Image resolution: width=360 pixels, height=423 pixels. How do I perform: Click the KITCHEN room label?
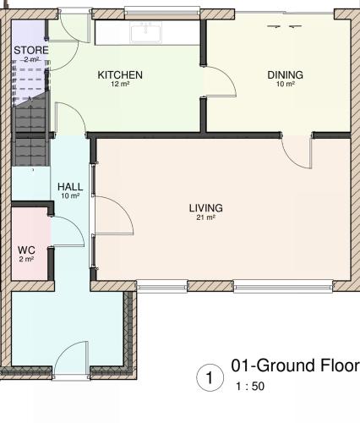pyautogui.click(x=120, y=75)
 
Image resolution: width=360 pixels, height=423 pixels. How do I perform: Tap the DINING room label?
pyautogui.click(x=285, y=75)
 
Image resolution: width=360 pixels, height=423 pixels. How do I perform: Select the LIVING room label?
pyautogui.click(x=206, y=208)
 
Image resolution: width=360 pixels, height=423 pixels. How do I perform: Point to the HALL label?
pyautogui.click(x=70, y=187)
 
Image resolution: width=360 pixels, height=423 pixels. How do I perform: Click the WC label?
pyautogui.click(x=26, y=250)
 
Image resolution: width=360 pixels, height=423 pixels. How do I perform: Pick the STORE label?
pyautogui.click(x=31, y=50)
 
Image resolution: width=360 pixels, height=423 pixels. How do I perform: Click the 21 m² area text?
pyautogui.click(x=206, y=217)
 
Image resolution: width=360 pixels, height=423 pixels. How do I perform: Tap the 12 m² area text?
pyautogui.click(x=120, y=84)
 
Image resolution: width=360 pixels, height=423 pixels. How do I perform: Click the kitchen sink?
pyautogui.click(x=145, y=33)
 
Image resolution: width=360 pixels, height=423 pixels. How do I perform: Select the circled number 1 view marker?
pyautogui.click(x=210, y=377)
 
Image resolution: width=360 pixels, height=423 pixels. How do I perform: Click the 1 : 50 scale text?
pyautogui.click(x=250, y=387)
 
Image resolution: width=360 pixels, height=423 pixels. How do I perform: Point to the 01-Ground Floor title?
pyautogui.click(x=295, y=365)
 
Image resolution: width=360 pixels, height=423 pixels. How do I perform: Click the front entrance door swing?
pyautogui.click(x=71, y=358)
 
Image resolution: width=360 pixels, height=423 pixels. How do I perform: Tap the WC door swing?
pyautogui.click(x=68, y=232)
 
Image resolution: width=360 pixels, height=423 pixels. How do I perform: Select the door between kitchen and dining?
pyautogui.click(x=221, y=82)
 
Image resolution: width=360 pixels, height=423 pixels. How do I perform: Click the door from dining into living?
pyautogui.click(x=297, y=152)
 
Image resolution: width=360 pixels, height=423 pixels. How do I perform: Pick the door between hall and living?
pyautogui.click(x=113, y=215)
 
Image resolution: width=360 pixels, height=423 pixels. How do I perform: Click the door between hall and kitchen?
pyautogui.click(x=70, y=118)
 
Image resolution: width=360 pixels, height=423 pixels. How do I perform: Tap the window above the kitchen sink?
pyautogui.click(x=162, y=13)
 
